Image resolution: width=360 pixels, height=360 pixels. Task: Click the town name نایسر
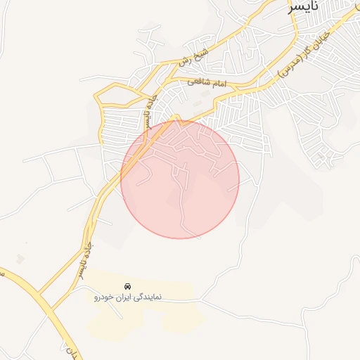click(x=310, y=9)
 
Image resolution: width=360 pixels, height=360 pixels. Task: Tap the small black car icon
click(x=127, y=286)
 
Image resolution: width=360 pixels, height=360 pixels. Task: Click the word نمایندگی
click(x=148, y=297)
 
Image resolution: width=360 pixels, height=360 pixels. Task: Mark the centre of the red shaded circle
click(x=180, y=179)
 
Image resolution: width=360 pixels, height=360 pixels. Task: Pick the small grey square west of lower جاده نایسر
click(x=20, y=259)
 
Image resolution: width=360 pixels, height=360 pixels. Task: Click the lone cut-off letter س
click(x=2, y=273)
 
